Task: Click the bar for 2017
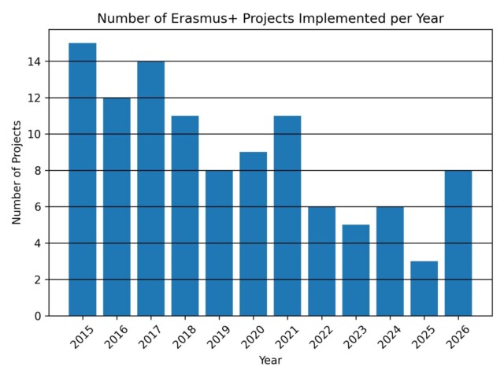150,189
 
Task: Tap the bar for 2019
219,243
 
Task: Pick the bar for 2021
287,216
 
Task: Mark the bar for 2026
458,243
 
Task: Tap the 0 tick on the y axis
38,316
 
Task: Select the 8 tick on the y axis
38,170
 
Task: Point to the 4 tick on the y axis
38,243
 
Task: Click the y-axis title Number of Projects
17,171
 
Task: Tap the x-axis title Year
270,360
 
